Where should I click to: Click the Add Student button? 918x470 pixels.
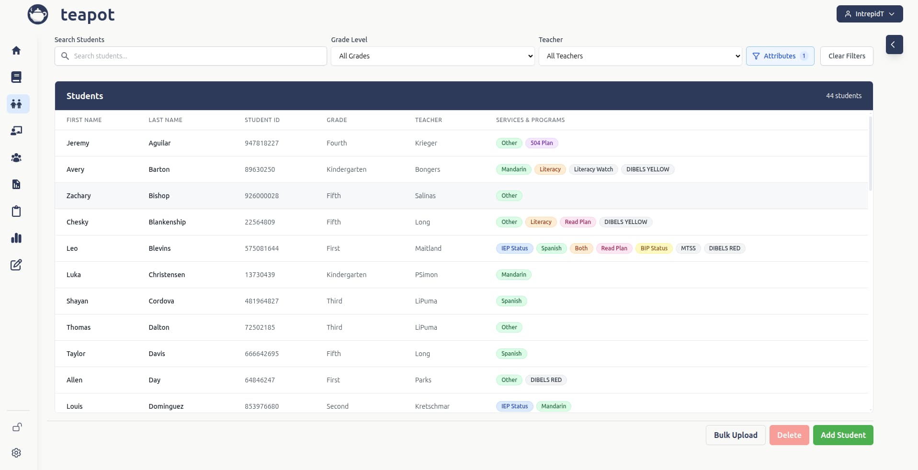[843, 435]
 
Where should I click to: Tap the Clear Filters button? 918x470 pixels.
[846, 56]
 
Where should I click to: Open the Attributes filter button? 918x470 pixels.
[780, 56]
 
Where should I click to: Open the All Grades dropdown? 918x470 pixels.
[432, 56]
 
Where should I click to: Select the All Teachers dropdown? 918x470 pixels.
[640, 56]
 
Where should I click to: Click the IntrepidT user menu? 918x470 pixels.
[869, 14]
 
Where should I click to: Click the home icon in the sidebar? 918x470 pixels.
[16, 50]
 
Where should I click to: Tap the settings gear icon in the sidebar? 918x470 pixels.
[16, 453]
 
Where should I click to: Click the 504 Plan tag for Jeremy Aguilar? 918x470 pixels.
[541, 143]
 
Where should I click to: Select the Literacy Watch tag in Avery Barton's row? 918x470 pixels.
[593, 169]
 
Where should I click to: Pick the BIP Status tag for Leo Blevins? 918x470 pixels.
[654, 248]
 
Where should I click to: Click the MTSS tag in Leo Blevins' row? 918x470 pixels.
[688, 248]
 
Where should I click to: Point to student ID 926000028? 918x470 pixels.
[261, 196]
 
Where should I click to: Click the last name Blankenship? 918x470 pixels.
[167, 222]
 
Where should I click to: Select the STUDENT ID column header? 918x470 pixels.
[262, 120]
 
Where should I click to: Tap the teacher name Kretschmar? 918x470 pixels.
[432, 406]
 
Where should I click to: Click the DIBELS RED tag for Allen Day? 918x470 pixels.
[545, 380]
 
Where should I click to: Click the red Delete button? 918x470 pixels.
[789, 435]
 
